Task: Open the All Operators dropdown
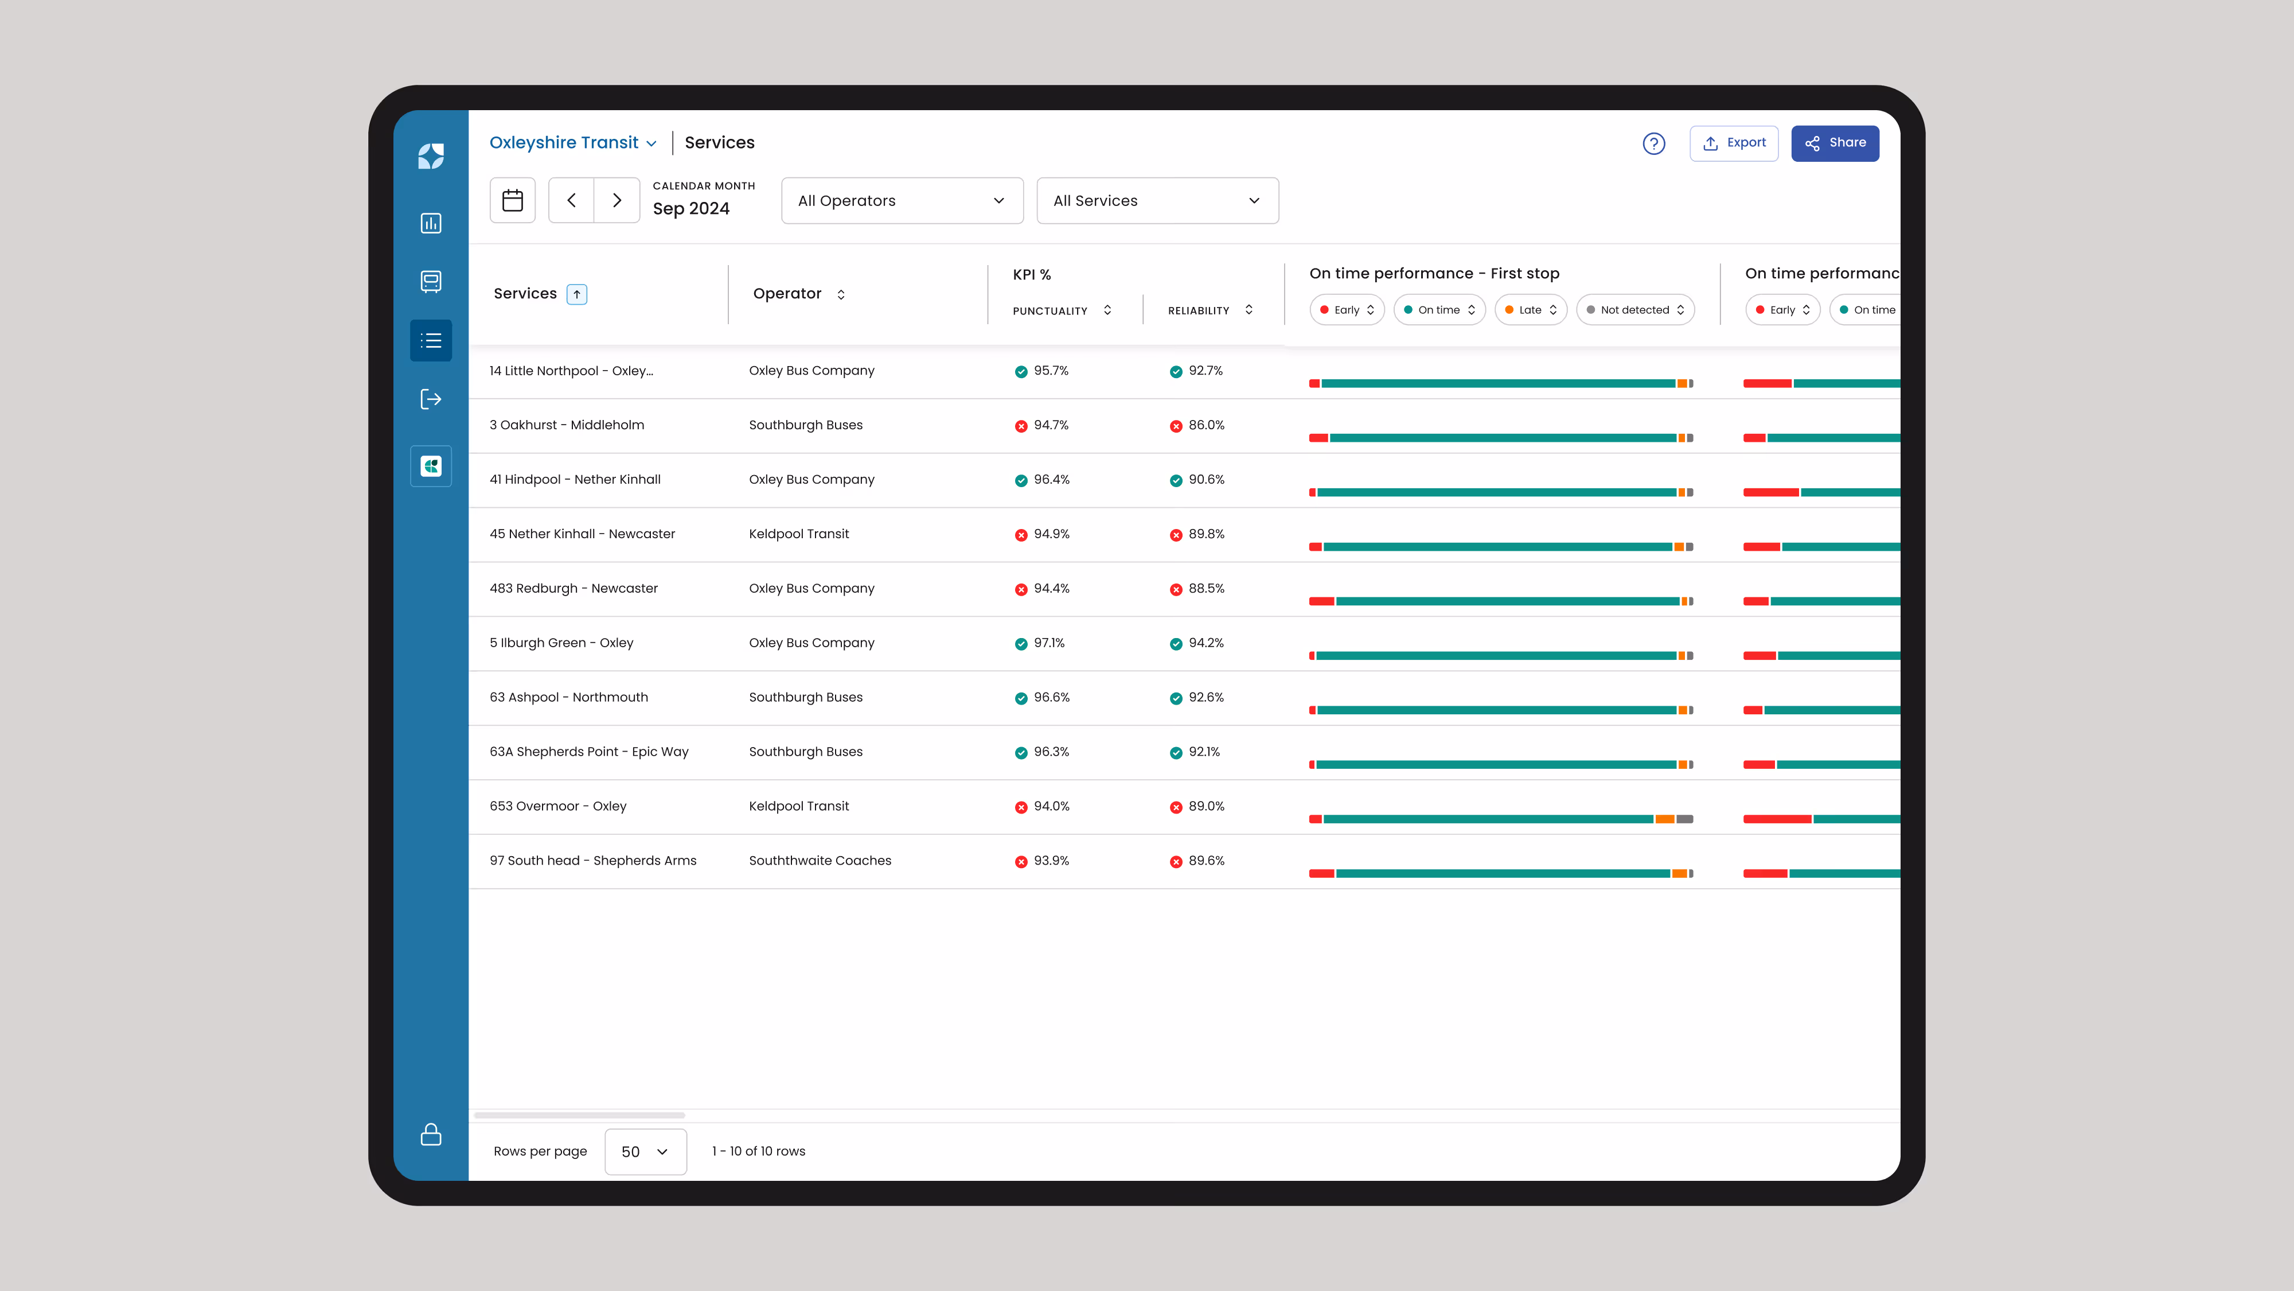tap(901, 200)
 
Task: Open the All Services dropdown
tap(1157, 200)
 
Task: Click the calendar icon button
tap(512, 200)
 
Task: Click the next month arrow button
tap(617, 200)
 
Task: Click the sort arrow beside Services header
tap(577, 294)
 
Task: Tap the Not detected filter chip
tap(1635, 310)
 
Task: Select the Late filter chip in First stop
tap(1530, 310)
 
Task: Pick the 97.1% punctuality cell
tap(1049, 643)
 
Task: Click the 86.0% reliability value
tap(1205, 425)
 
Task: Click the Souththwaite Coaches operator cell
tap(820, 861)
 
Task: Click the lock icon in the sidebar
tap(431, 1134)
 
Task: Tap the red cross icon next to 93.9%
tap(1021, 862)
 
